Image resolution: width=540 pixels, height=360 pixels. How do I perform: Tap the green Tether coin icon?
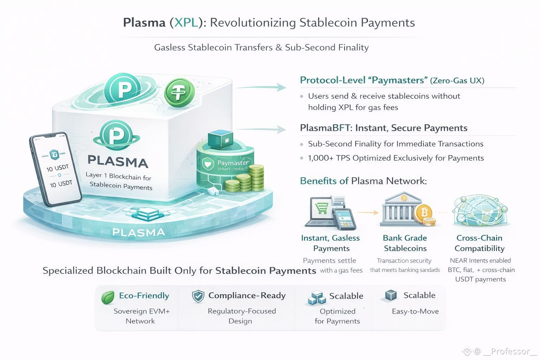(x=179, y=92)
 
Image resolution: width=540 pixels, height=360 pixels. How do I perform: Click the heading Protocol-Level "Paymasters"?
(x=362, y=80)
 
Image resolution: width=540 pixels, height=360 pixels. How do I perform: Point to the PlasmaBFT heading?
(x=384, y=128)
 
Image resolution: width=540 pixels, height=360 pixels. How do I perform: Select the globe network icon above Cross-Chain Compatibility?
(x=480, y=211)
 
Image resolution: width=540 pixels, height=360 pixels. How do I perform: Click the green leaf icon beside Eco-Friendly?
(x=108, y=297)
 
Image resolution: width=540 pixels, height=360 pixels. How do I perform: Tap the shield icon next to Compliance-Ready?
(x=198, y=296)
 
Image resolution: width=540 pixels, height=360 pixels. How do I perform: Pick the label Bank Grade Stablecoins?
(x=405, y=243)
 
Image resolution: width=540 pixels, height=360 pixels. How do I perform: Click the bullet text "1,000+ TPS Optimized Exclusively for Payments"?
(x=396, y=158)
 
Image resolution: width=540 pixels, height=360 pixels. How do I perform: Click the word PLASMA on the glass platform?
(x=139, y=232)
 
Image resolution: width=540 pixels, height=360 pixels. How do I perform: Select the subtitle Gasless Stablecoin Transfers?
(x=261, y=47)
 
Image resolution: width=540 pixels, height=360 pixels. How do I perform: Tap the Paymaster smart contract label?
(x=232, y=165)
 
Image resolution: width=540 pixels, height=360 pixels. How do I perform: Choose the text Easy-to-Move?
(x=415, y=311)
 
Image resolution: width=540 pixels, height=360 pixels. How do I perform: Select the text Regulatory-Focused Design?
(x=242, y=316)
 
